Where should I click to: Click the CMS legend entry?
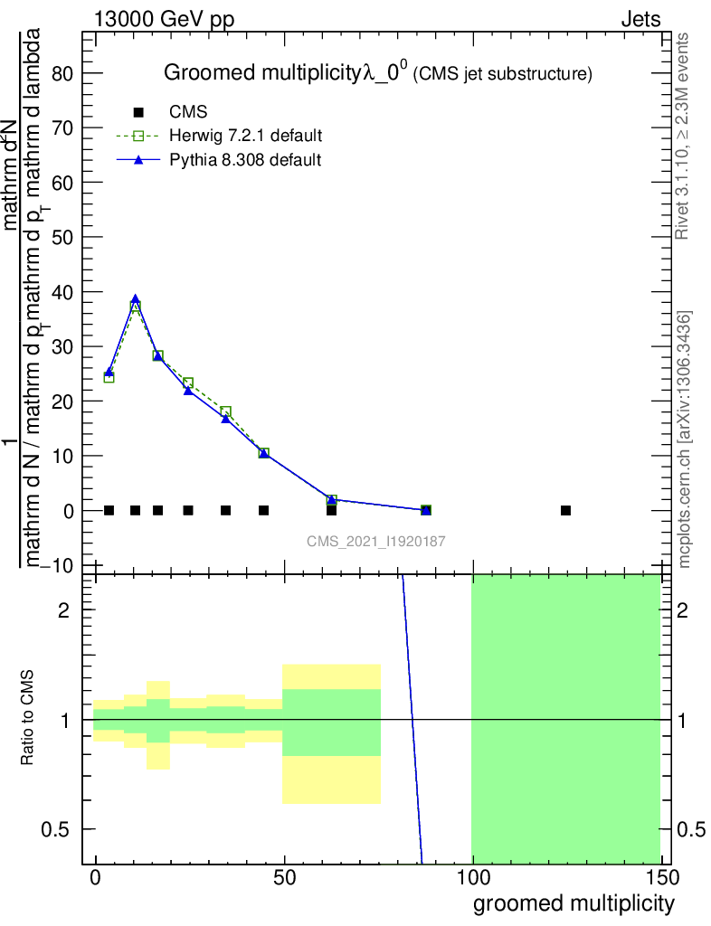click(188, 112)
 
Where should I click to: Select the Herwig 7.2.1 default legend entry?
click(245, 136)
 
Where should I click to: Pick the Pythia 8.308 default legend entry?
click(245, 160)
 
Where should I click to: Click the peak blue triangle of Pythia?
click(136, 299)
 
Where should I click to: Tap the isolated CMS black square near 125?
click(565, 510)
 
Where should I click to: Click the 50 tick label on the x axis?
click(284, 879)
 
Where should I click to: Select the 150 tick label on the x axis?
click(661, 879)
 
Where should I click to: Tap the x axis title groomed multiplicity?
click(574, 902)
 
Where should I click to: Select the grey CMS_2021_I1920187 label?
click(376, 541)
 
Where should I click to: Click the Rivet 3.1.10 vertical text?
click(684, 136)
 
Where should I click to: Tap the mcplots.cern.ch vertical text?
click(684, 439)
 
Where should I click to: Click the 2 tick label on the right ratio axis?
click(684, 609)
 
